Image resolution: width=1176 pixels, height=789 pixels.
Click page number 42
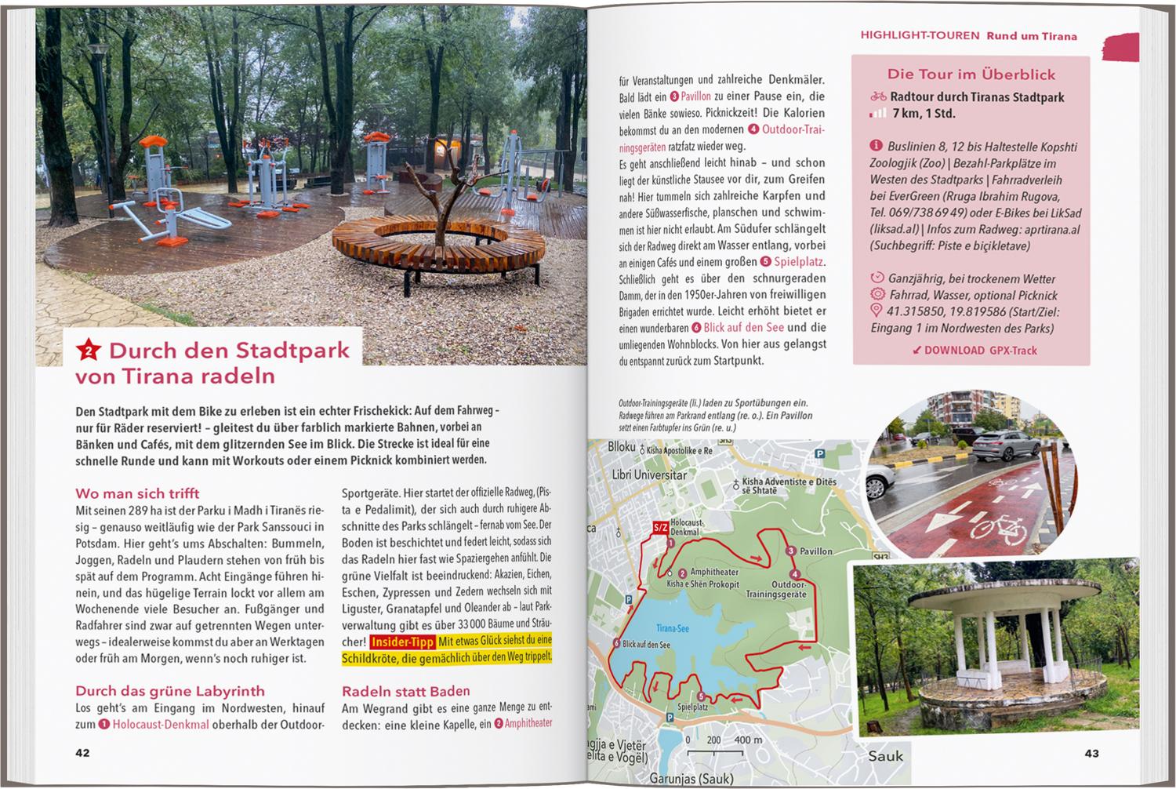pyautogui.click(x=82, y=753)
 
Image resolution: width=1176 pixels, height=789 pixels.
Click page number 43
pyautogui.click(x=1091, y=753)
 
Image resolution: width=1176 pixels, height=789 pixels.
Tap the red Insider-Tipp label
pyautogui.click(x=402, y=642)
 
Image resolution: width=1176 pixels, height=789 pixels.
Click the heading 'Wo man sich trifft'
pyautogui.click(x=137, y=493)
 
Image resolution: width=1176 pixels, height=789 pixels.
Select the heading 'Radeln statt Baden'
pyautogui.click(x=405, y=691)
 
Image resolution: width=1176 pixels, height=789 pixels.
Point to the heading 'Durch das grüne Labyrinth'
pyautogui.click(x=169, y=691)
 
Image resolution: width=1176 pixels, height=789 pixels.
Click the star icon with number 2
pyautogui.click(x=89, y=351)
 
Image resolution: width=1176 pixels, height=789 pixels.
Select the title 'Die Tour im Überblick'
pyautogui.click(x=971, y=75)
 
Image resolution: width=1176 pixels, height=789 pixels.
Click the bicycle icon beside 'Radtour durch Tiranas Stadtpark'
pyautogui.click(x=878, y=97)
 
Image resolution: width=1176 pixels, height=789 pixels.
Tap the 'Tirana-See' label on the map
pyautogui.click(x=672, y=628)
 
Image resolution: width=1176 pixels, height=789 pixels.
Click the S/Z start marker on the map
pyautogui.click(x=660, y=528)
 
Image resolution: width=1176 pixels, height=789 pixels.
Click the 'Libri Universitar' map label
pyautogui.click(x=637, y=474)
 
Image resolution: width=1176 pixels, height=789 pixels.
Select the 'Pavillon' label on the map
pyautogui.click(x=815, y=551)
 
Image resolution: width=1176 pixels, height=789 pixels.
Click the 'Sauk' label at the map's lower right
pyautogui.click(x=885, y=756)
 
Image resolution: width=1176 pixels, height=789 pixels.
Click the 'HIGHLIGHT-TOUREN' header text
pyautogui.click(x=920, y=35)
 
